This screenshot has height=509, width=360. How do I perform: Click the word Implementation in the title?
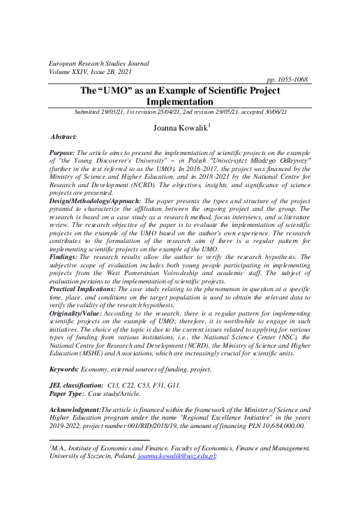click(x=179, y=101)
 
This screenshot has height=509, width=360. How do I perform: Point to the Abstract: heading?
click(x=64, y=137)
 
